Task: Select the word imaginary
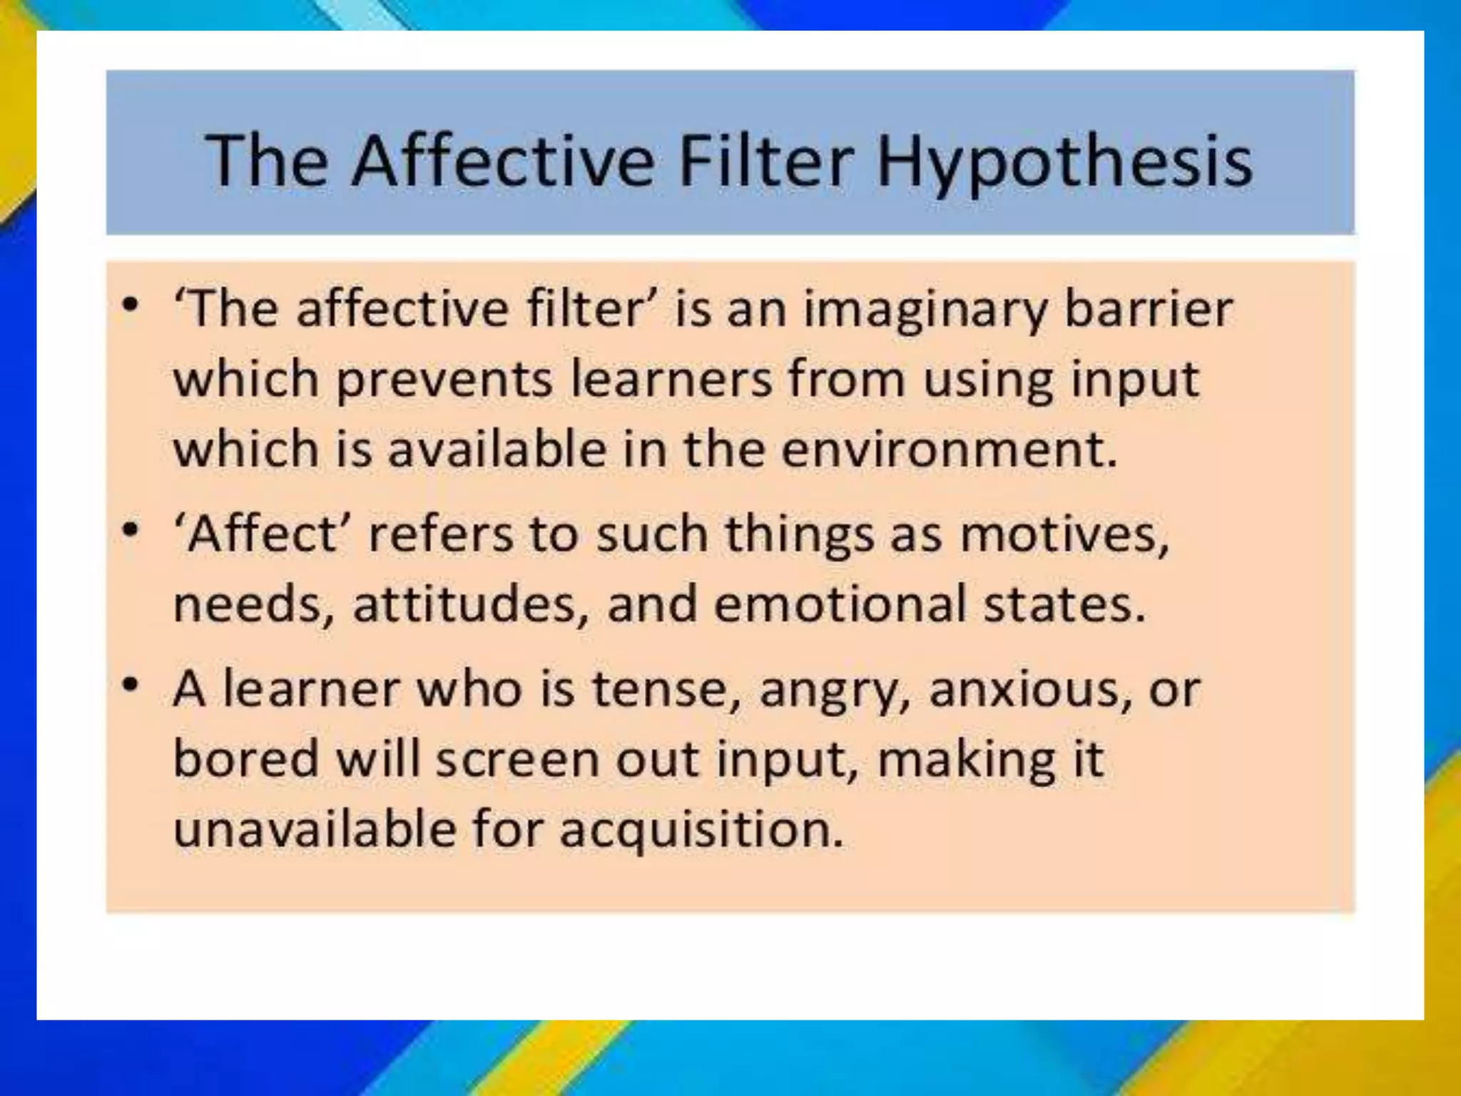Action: [x=925, y=311]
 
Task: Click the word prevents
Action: [x=444, y=380]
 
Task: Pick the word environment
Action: [x=948, y=450]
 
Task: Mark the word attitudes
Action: [x=471, y=604]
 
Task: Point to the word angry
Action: [x=835, y=691]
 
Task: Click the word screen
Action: [x=517, y=760]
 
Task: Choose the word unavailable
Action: [x=315, y=829]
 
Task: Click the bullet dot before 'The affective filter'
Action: [x=130, y=305]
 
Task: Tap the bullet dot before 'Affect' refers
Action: [x=130, y=530]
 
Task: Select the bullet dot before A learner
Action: [x=130, y=685]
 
